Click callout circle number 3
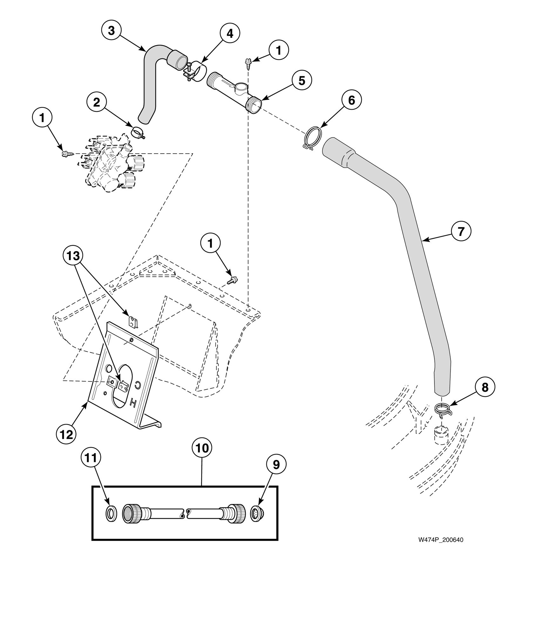click(111, 31)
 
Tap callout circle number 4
click(230, 33)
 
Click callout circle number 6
click(351, 100)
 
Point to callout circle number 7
click(461, 231)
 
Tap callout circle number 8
click(485, 387)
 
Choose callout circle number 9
click(276, 465)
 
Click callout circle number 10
click(202, 448)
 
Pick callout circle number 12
click(66, 434)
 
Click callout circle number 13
click(73, 256)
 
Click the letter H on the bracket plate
click(133, 403)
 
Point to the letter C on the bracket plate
click(138, 385)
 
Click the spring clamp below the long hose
click(442, 410)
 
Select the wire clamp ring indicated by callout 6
click(312, 137)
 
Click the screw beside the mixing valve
click(67, 154)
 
